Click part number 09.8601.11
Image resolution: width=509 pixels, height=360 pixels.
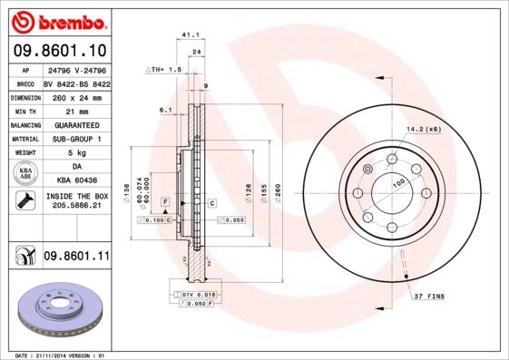click(x=76, y=258)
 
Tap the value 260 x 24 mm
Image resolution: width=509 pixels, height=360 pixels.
click(x=76, y=96)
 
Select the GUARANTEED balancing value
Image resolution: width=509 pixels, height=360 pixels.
click(x=76, y=124)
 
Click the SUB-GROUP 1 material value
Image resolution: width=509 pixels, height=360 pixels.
click(x=76, y=138)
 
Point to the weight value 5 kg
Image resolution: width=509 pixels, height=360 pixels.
click(x=76, y=152)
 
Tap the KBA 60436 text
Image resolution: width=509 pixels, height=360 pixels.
click(x=76, y=180)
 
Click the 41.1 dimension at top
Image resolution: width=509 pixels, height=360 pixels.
click(x=191, y=34)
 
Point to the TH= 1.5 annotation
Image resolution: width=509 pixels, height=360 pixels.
click(x=165, y=69)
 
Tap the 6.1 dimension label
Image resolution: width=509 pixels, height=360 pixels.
click(x=165, y=110)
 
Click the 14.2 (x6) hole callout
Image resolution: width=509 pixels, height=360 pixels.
click(x=423, y=128)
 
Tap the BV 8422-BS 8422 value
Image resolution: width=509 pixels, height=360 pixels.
click(x=76, y=82)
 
